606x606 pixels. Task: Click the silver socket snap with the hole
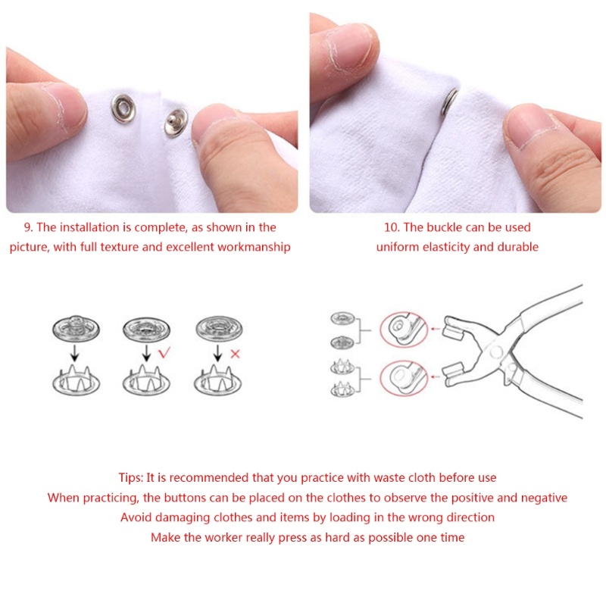pos(123,108)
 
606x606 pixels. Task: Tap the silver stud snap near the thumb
pos(176,123)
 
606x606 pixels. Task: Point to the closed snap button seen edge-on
pos(450,102)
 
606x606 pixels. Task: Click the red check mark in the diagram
pos(164,352)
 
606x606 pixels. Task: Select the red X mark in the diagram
pos(235,354)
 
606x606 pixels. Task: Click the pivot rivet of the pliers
pos(495,352)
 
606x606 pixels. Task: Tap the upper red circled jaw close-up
pos(404,330)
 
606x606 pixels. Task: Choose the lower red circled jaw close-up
pos(404,377)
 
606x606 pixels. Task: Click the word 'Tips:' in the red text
pos(130,478)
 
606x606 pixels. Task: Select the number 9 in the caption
pos(28,227)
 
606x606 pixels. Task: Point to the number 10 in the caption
pos(392,227)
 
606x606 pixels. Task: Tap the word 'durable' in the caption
pos(518,247)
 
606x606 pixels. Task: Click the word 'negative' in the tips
pos(544,498)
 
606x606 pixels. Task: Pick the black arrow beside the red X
pos(217,353)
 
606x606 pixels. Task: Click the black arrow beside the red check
pos(146,353)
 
